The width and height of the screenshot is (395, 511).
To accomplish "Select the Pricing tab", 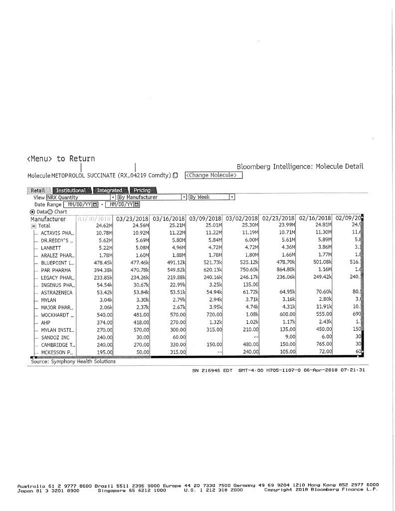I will click(x=142, y=190).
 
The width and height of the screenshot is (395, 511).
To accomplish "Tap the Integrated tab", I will click(x=109, y=190).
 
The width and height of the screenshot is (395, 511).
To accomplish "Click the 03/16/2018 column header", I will click(x=169, y=219).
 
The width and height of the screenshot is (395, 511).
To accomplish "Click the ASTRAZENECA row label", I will click(x=56, y=292).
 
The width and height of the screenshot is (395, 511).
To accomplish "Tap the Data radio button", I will click(x=33, y=212).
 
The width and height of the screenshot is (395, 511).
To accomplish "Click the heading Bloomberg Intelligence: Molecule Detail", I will click(x=300, y=166).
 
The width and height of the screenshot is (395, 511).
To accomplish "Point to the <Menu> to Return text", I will click(x=60, y=159).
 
